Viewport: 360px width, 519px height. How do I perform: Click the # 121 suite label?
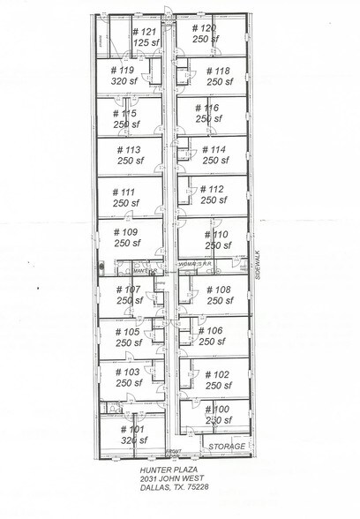pyautogui.click(x=144, y=31)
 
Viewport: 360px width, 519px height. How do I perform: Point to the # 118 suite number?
pyautogui.click(x=217, y=71)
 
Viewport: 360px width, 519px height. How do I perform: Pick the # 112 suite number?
pyautogui.click(x=213, y=189)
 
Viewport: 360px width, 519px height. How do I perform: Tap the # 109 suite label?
pyautogui.click(x=127, y=232)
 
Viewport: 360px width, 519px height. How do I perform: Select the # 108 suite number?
pyautogui.click(x=218, y=290)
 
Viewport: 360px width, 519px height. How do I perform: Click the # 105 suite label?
pyautogui.click(x=128, y=332)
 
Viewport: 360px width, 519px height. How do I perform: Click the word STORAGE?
pyautogui.click(x=227, y=448)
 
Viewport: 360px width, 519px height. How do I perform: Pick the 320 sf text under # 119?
pyautogui.click(x=123, y=80)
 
